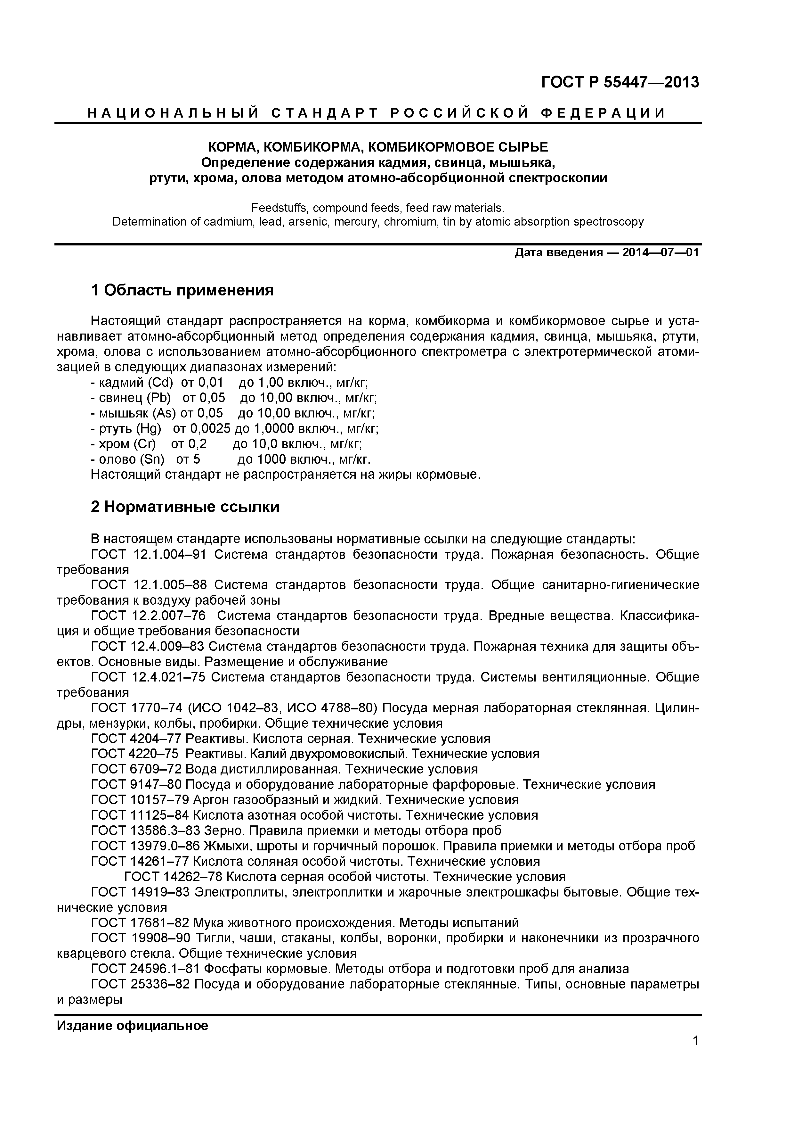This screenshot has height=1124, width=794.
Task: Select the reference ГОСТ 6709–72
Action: [136, 769]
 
